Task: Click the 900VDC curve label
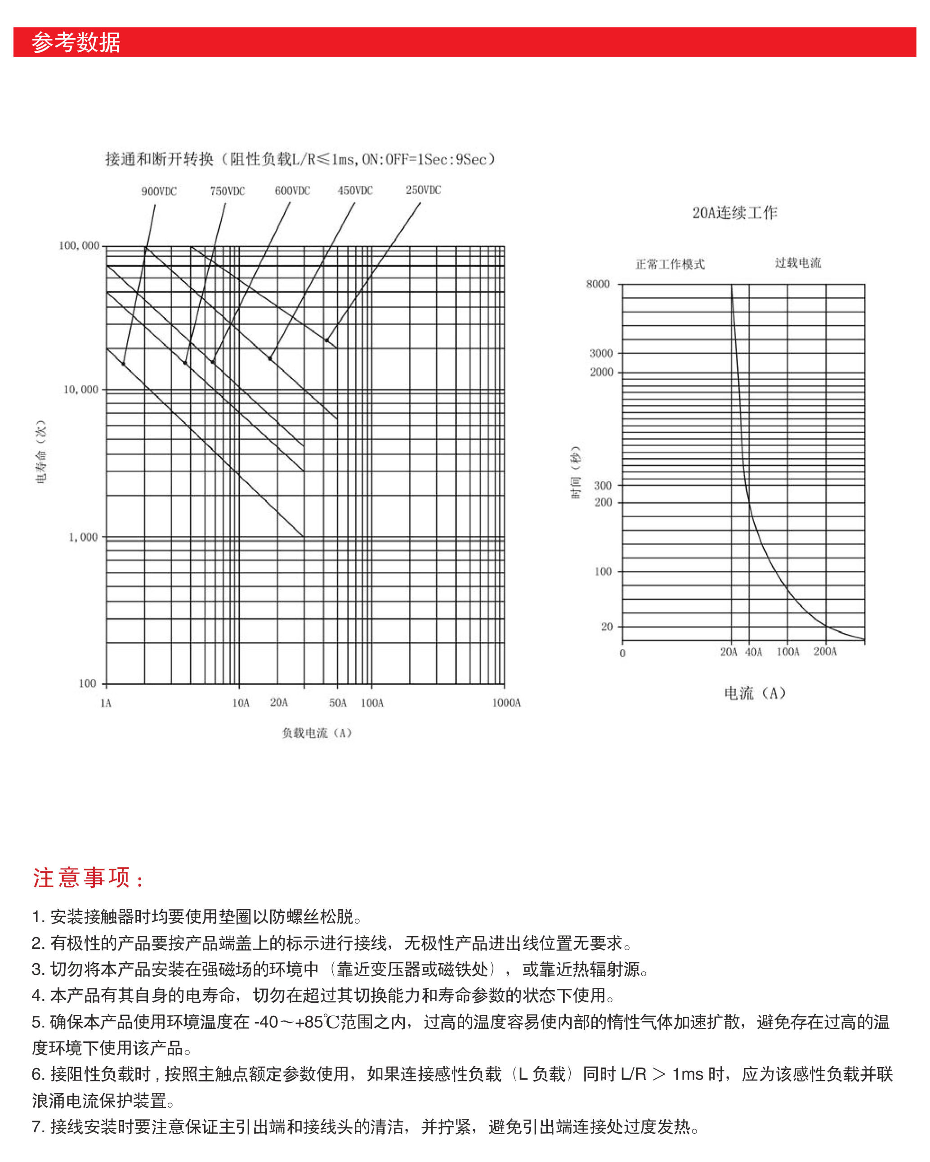click(x=159, y=191)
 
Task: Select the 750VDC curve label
click(x=228, y=191)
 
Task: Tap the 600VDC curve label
click(x=292, y=191)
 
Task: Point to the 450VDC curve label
click(x=355, y=190)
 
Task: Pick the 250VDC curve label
click(x=423, y=190)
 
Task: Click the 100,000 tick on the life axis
click(x=79, y=246)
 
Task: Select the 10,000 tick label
click(x=81, y=389)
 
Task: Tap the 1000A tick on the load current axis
click(x=506, y=703)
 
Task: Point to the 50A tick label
click(x=338, y=703)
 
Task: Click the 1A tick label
click(x=106, y=703)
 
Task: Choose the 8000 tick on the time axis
click(x=598, y=284)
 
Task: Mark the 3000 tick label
click(x=601, y=354)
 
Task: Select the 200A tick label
click(x=825, y=651)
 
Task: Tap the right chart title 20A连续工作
click(x=734, y=213)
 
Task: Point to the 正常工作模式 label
click(x=670, y=264)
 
